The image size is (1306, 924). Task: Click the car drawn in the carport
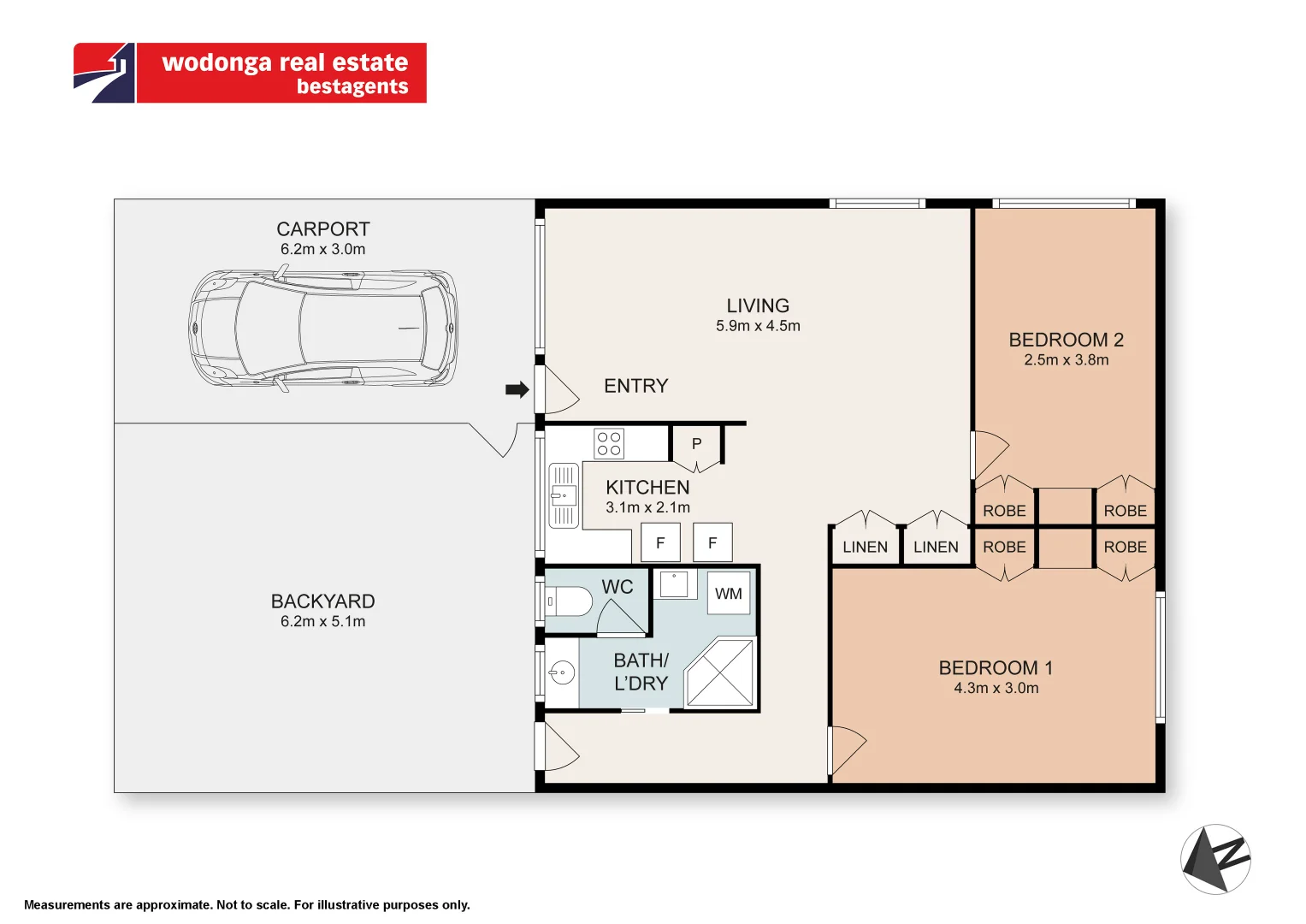click(322, 329)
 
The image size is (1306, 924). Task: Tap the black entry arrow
click(517, 390)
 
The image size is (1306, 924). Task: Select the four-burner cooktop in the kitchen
click(609, 443)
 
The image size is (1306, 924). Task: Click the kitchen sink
click(563, 495)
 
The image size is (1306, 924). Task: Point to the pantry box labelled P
click(696, 444)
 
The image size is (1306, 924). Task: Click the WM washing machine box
click(728, 594)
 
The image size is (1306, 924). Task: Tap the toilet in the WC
click(570, 601)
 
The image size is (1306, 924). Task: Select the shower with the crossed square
click(720, 672)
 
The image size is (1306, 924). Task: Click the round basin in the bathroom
click(562, 673)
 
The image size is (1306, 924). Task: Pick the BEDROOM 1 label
click(996, 667)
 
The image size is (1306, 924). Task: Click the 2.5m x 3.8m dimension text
click(1066, 360)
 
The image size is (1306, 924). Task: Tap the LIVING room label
click(758, 305)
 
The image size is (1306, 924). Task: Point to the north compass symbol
click(1215, 859)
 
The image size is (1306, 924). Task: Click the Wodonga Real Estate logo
click(250, 74)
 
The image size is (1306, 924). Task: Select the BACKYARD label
click(322, 601)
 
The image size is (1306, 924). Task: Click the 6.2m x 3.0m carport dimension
click(322, 250)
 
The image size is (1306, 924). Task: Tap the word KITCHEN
click(647, 488)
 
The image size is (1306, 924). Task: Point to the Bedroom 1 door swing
click(846, 749)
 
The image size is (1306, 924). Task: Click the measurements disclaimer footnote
click(247, 905)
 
